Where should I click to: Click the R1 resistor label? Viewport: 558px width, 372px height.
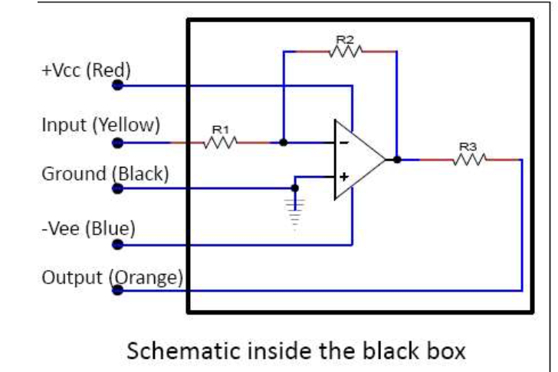pyautogui.click(x=220, y=130)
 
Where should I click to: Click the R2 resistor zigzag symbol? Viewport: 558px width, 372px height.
pyautogui.click(x=345, y=51)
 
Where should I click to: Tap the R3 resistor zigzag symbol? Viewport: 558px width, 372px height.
pyautogui.click(x=468, y=159)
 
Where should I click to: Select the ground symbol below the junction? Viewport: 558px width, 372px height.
pyautogui.click(x=295, y=206)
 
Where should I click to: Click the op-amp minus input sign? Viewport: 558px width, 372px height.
pyautogui.click(x=344, y=142)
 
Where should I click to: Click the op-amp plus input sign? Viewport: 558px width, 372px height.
pyautogui.click(x=344, y=177)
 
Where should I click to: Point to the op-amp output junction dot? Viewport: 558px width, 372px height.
pyautogui.click(x=397, y=159)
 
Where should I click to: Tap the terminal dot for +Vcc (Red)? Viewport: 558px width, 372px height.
pyautogui.click(x=117, y=85)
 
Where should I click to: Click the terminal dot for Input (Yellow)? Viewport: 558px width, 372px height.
pyautogui.click(x=117, y=142)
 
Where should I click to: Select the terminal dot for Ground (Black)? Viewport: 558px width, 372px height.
pyautogui.click(x=117, y=187)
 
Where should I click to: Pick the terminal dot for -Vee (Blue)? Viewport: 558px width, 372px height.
pyautogui.click(x=117, y=245)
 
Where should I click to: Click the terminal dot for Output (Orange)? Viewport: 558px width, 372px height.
pyautogui.click(x=117, y=291)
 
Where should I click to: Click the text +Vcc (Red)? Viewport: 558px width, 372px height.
pyautogui.click(x=86, y=70)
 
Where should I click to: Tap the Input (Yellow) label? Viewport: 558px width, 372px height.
pyautogui.click(x=100, y=124)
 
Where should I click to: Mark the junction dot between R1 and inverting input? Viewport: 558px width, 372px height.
pyautogui.click(x=284, y=142)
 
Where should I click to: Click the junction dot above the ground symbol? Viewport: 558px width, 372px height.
pyautogui.click(x=295, y=187)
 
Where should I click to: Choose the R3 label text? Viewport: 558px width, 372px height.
pyautogui.click(x=468, y=146)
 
